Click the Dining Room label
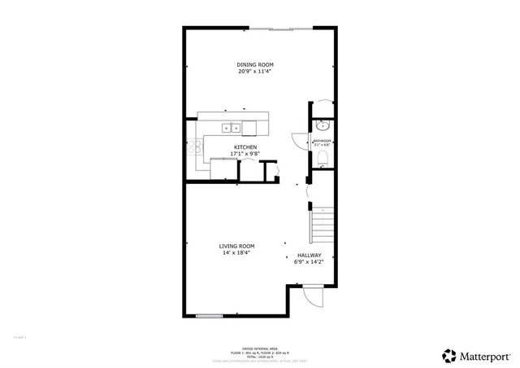tap(254, 64)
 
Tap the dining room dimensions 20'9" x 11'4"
tap(254, 72)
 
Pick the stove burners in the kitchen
tap(196, 147)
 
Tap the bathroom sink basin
tap(323, 126)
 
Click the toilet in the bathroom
tap(323, 157)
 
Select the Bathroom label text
tap(323, 141)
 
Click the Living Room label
tap(236, 246)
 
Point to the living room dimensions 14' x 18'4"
tap(236, 253)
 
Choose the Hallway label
tap(309, 255)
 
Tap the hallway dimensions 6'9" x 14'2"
tap(309, 262)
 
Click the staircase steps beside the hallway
tap(324, 223)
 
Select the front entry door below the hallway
tap(309, 300)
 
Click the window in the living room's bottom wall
tap(209, 315)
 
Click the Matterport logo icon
tap(449, 355)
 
